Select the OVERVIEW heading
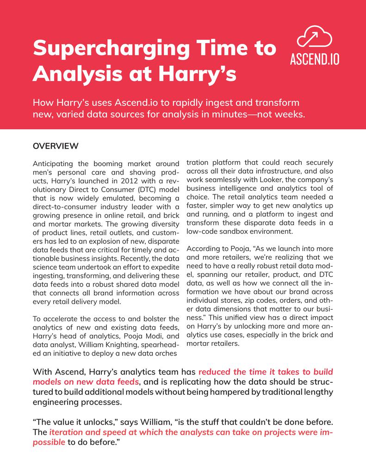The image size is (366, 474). pos(56,146)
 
